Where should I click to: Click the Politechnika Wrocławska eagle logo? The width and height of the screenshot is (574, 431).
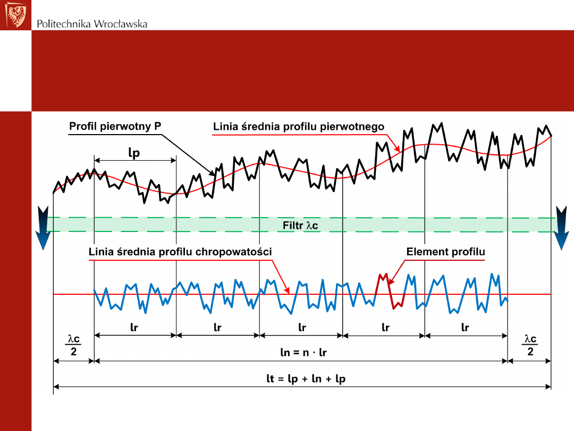click(15, 15)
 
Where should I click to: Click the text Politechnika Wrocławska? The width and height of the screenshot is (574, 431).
click(92, 24)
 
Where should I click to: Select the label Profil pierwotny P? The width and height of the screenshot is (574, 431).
click(115, 127)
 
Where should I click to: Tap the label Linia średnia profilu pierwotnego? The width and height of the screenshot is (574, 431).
click(298, 127)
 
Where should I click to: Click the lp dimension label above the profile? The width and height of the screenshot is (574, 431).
click(134, 153)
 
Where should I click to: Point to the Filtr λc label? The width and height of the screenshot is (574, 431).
click(300, 225)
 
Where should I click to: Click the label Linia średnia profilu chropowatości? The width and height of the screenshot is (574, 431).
click(180, 252)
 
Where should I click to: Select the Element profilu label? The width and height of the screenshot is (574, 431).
click(445, 252)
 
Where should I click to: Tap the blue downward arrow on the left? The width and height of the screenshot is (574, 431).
click(43, 228)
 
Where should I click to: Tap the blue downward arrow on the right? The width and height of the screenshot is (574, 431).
click(561, 228)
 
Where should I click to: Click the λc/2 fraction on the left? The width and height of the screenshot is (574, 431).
click(73, 345)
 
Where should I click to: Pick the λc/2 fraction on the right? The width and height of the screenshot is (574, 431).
click(530, 345)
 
